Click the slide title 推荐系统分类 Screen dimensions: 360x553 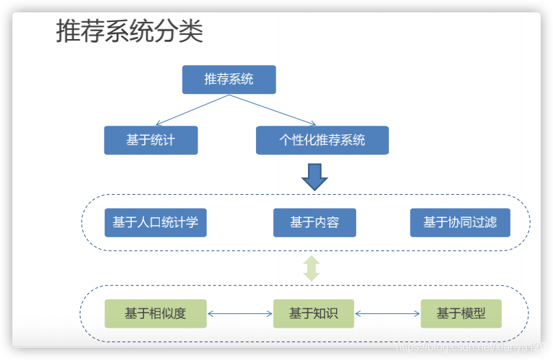[x=129, y=32]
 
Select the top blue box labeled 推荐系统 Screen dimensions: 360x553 [x=228, y=80]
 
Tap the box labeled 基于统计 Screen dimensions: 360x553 [x=151, y=140]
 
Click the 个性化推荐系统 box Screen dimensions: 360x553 [x=322, y=140]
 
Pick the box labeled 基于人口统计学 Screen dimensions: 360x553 [x=155, y=222]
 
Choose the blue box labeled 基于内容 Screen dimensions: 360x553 [x=314, y=222]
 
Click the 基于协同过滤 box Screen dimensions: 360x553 [x=460, y=222]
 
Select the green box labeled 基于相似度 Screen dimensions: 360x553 [x=155, y=313]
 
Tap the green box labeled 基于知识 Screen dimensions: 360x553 [x=314, y=313]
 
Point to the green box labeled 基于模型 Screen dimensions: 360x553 [x=461, y=313]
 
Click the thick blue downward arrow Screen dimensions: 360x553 [x=315, y=177]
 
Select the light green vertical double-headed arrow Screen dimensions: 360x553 [x=312, y=268]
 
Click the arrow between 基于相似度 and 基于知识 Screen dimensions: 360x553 [x=239, y=314]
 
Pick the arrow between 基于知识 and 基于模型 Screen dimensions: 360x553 [x=387, y=314]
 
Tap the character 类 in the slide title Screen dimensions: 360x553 [x=191, y=32]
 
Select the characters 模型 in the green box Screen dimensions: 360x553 [x=473, y=313]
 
